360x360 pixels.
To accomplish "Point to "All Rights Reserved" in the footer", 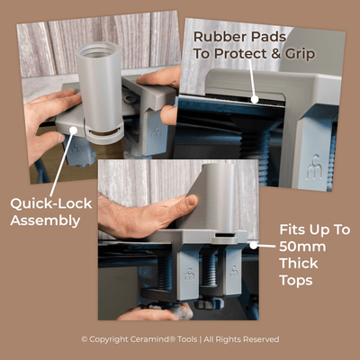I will point(242,339).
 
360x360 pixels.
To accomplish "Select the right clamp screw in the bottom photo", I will point(210,270).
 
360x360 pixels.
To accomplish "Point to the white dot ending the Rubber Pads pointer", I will point(255,101).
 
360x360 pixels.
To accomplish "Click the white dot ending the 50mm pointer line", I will point(254,244).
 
